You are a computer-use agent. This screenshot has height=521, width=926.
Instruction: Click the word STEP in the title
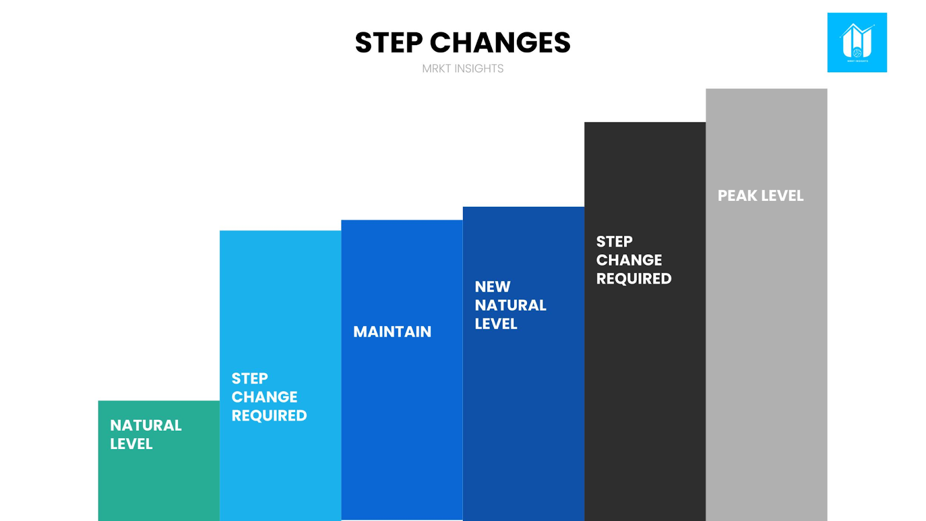(x=389, y=43)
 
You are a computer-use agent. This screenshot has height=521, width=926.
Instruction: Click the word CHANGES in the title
(x=500, y=43)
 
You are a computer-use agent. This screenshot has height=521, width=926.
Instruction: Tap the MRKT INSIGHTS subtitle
(x=462, y=69)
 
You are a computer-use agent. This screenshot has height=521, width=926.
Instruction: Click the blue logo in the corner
(x=857, y=43)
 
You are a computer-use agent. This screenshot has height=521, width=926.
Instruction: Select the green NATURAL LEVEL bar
(x=159, y=461)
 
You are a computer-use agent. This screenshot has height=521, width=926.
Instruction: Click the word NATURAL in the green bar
(x=145, y=425)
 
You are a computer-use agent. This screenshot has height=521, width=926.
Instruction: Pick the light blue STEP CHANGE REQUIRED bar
(x=280, y=376)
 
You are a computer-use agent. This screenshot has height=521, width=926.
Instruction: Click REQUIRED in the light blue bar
(x=269, y=416)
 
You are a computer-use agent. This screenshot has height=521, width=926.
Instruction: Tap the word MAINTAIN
(x=392, y=332)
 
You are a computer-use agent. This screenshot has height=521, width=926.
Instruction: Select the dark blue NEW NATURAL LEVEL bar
(x=523, y=364)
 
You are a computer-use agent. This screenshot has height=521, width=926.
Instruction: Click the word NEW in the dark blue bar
(x=493, y=287)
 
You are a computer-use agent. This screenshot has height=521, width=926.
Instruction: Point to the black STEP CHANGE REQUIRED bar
(x=645, y=322)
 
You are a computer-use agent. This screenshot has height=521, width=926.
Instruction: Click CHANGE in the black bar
(x=629, y=260)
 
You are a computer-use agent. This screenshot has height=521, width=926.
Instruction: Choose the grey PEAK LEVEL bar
(x=766, y=304)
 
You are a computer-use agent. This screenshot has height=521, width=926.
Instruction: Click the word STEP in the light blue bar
(x=249, y=379)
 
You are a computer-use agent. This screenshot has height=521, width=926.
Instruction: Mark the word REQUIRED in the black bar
(x=634, y=278)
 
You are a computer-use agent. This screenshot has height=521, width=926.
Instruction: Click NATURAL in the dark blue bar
(x=510, y=305)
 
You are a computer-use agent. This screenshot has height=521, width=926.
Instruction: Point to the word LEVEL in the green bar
(x=131, y=444)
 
